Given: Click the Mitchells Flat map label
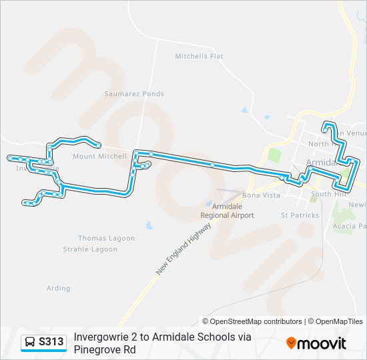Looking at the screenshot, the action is pyautogui.click(x=199, y=57).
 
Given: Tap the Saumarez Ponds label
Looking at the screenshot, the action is pyautogui.click(x=134, y=94).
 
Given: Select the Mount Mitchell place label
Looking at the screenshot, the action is pyautogui.click(x=99, y=157).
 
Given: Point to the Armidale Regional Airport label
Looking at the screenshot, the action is pyautogui.click(x=228, y=211).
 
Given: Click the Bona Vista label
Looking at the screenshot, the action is pyautogui.click(x=261, y=195).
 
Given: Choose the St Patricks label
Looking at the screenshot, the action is pyautogui.click(x=300, y=215).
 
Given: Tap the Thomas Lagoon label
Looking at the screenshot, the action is pyautogui.click(x=106, y=238).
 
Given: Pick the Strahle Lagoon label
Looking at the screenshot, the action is pyautogui.click(x=98, y=249).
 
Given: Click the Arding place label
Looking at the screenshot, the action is pyautogui.click(x=59, y=288).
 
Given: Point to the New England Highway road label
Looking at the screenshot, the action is pyautogui.click(x=184, y=249).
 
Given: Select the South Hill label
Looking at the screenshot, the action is pyautogui.click(x=326, y=194).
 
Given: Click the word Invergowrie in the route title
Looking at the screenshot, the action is pyautogui.click(x=103, y=337).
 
